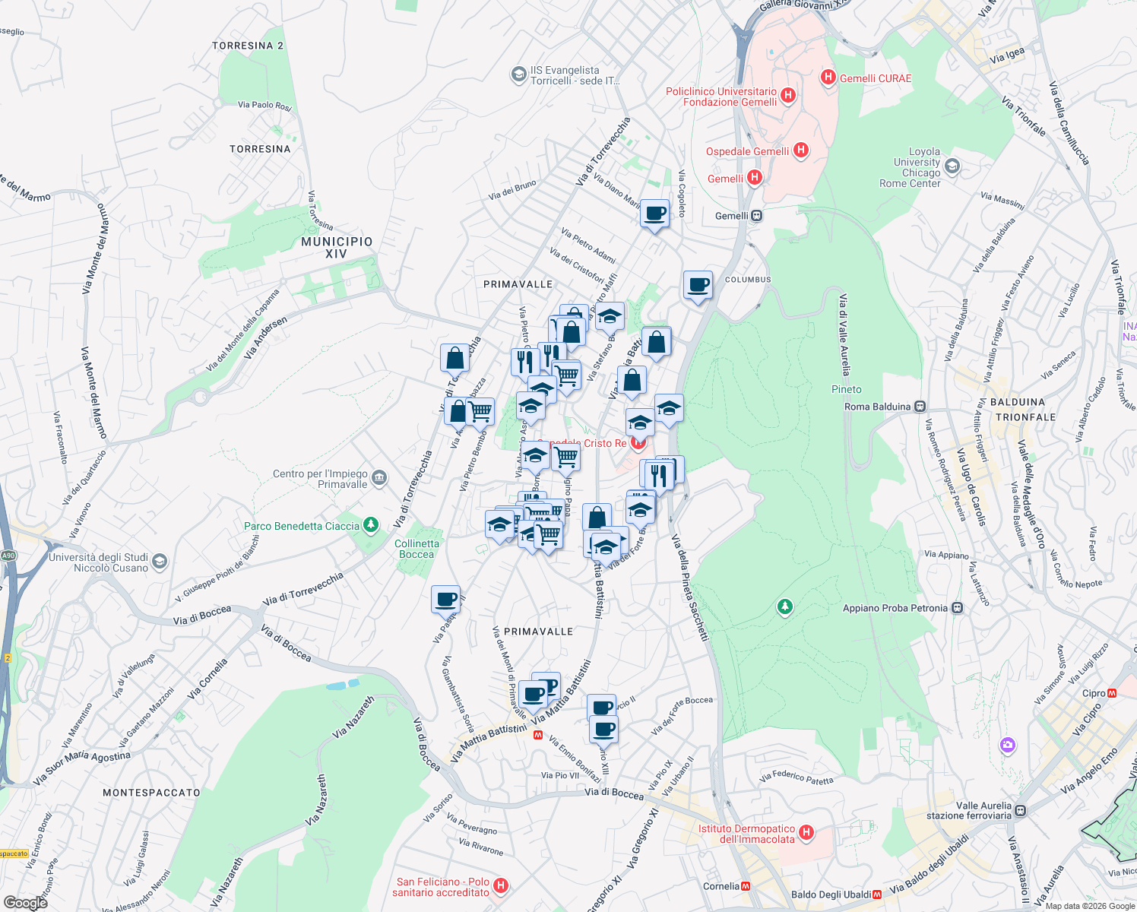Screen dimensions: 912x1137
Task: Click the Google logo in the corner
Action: point(25,902)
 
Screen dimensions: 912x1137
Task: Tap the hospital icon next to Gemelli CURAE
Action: point(828,78)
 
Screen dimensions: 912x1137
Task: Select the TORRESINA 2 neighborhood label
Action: point(248,46)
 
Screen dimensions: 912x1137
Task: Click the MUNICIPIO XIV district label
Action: point(337,248)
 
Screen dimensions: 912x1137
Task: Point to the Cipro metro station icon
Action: point(1112,693)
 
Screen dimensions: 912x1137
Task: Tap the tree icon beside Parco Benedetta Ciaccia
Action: point(370,524)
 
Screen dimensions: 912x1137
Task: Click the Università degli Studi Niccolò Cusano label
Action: point(99,562)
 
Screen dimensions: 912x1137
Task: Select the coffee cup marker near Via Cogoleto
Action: point(654,214)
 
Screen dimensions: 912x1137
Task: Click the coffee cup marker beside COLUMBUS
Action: point(698,286)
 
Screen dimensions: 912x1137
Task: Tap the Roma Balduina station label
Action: point(877,407)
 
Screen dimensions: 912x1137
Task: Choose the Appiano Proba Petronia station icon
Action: point(958,608)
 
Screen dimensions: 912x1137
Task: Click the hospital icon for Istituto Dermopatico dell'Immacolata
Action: point(806,833)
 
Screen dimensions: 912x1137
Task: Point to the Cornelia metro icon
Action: point(746,886)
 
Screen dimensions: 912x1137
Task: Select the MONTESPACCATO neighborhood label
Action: point(151,793)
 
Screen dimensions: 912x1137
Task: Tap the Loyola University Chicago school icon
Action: point(953,166)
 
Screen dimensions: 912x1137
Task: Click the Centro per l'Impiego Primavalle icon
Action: point(379,478)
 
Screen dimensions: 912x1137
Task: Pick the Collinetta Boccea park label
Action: point(416,549)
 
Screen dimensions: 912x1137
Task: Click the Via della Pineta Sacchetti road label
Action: point(689,587)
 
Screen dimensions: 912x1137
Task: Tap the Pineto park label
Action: point(847,389)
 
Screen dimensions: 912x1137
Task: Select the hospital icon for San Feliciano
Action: point(500,885)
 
